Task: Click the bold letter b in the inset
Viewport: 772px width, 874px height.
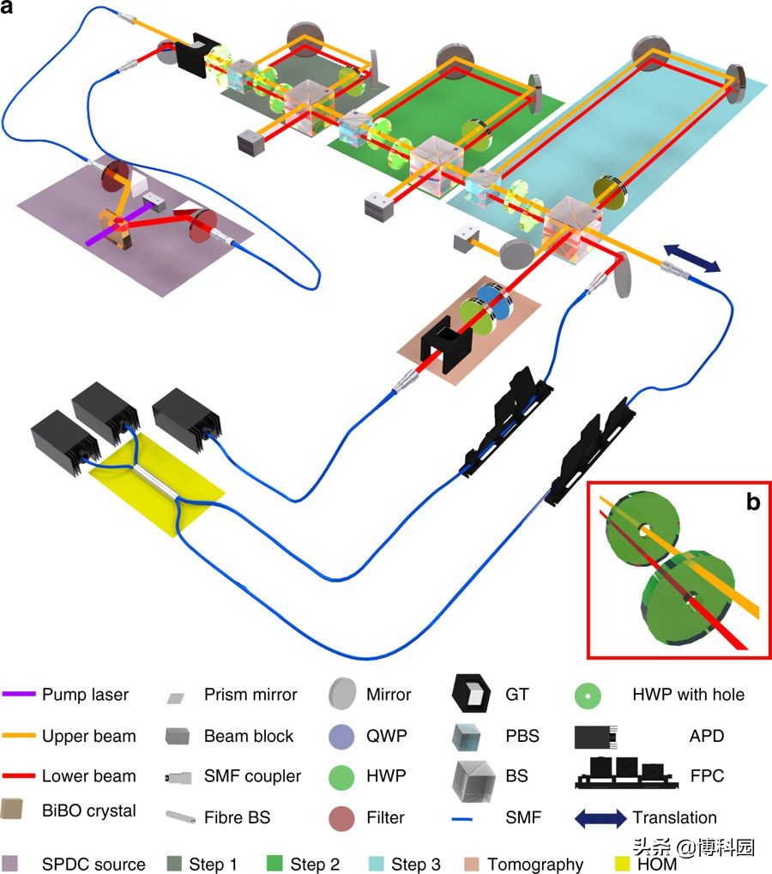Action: pyautogui.click(x=752, y=502)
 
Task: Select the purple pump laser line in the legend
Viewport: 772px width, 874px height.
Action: pyautogui.click(x=18, y=695)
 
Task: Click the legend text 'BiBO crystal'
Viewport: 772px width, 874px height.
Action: pyautogui.click(x=88, y=811)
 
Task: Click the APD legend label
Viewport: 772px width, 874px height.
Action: pyautogui.click(x=706, y=735)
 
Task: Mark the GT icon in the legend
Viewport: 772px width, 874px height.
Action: pyautogui.click(x=472, y=696)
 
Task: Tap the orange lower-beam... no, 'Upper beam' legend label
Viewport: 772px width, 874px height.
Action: pyautogui.click(x=88, y=735)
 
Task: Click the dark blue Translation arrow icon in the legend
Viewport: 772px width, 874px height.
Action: pyautogui.click(x=600, y=817)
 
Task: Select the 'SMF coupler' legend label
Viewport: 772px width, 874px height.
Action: pyautogui.click(x=252, y=776)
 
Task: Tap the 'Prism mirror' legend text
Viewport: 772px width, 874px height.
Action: pyautogui.click(x=249, y=695)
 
